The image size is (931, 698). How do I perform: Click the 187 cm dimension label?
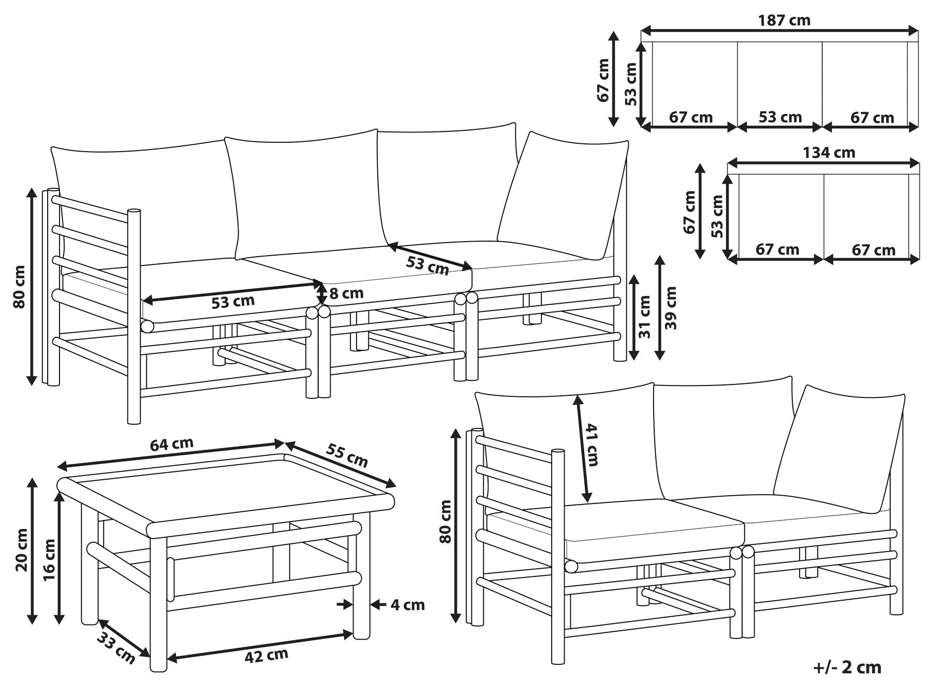coord(784,21)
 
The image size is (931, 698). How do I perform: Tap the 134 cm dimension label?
coord(829,153)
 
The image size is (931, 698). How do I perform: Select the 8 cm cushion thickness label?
coord(346,293)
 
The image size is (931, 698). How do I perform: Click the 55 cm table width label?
coord(347,455)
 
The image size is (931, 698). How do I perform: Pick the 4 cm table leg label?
coord(407,604)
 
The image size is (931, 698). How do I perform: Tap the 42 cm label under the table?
coord(266,656)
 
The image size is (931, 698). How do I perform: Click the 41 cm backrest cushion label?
coord(592,445)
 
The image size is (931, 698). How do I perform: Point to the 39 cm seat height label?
coord(671,308)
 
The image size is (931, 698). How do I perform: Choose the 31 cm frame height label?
coord(645,317)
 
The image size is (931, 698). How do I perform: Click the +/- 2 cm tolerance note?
coord(847,667)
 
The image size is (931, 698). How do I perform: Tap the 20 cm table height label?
coord(22,550)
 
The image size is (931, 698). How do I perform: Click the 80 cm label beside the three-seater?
coord(19,287)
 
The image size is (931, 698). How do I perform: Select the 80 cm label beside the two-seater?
coord(445,521)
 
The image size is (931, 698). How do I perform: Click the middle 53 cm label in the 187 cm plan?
coord(780,117)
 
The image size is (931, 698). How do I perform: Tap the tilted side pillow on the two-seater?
coord(839,449)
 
